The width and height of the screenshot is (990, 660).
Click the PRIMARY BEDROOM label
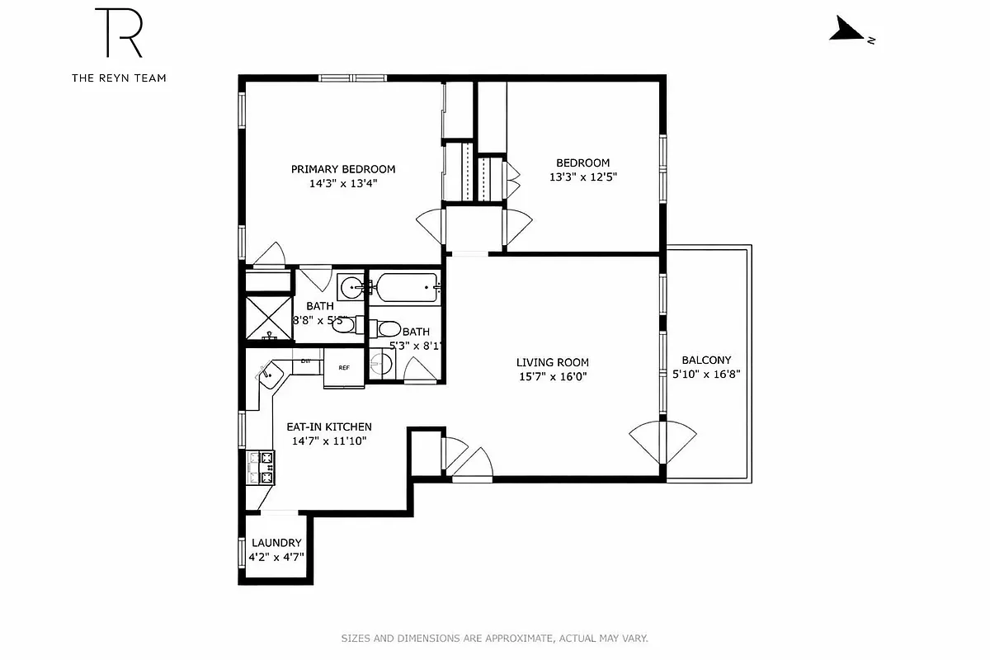[342, 169]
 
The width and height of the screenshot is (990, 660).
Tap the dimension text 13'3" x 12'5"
[582, 177]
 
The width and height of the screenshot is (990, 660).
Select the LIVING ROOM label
[552, 362]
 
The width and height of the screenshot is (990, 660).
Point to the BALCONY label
[705, 360]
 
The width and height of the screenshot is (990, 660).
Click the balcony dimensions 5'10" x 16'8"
[705, 373]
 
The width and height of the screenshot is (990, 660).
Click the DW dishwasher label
[304, 361]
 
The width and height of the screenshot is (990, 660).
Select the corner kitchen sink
[269, 376]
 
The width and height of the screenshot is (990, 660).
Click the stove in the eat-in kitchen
[260, 467]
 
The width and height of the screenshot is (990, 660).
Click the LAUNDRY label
[276, 543]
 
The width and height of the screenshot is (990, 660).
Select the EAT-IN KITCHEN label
[328, 427]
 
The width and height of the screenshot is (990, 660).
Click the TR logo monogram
[119, 33]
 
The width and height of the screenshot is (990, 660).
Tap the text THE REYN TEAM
[119, 78]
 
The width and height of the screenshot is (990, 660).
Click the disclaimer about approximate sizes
[495, 638]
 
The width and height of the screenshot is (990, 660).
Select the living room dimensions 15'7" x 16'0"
[552, 376]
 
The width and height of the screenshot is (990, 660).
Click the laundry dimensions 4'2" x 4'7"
[276, 556]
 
